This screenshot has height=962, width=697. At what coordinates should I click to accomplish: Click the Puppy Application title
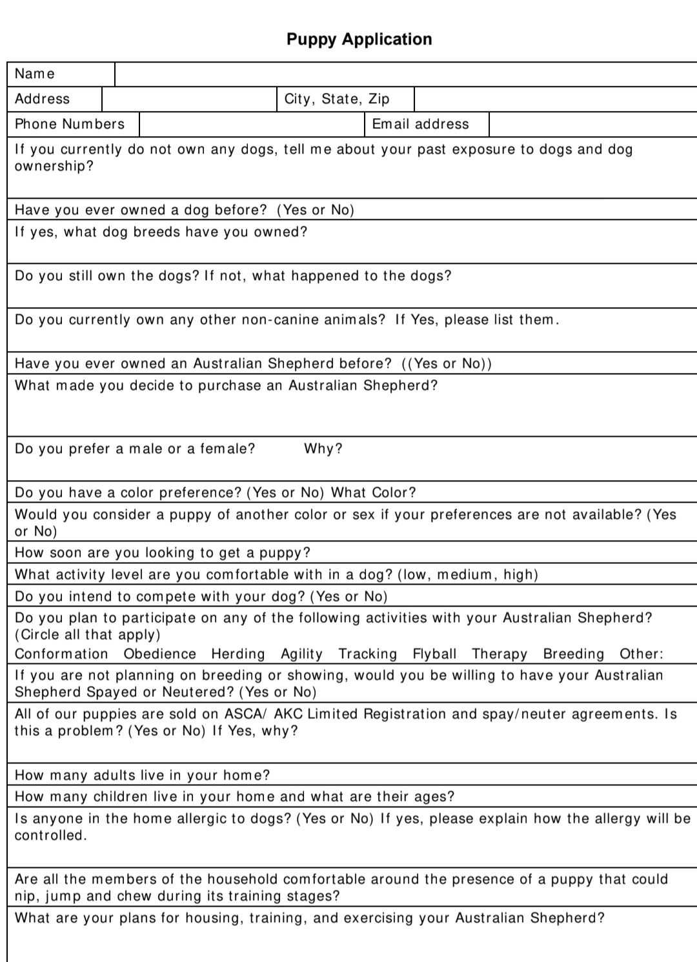tap(359, 39)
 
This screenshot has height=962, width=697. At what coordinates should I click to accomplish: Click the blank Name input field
tap(405, 74)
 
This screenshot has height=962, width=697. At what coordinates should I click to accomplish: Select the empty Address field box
tap(189, 99)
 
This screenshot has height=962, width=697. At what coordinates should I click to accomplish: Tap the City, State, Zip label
tap(337, 99)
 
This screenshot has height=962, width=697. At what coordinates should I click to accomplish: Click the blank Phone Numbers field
tap(252, 124)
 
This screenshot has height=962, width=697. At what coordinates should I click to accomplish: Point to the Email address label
tap(420, 124)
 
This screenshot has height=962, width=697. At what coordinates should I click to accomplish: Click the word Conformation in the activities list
tap(61, 654)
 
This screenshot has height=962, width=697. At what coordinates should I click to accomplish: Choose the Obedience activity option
tap(159, 654)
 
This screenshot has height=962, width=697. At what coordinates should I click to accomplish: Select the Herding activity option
tap(238, 654)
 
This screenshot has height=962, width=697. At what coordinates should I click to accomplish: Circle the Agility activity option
tap(301, 654)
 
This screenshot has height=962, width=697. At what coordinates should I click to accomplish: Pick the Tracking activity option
tap(368, 654)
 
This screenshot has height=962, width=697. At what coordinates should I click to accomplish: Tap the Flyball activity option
tap(434, 654)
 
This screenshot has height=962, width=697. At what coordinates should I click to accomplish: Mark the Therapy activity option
tap(500, 654)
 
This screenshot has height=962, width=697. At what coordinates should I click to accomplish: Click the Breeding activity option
tap(574, 654)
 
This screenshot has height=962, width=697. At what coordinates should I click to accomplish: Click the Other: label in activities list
tap(641, 654)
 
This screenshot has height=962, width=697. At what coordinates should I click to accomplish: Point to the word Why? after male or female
tap(323, 448)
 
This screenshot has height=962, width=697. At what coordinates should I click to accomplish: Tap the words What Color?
tap(374, 492)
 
